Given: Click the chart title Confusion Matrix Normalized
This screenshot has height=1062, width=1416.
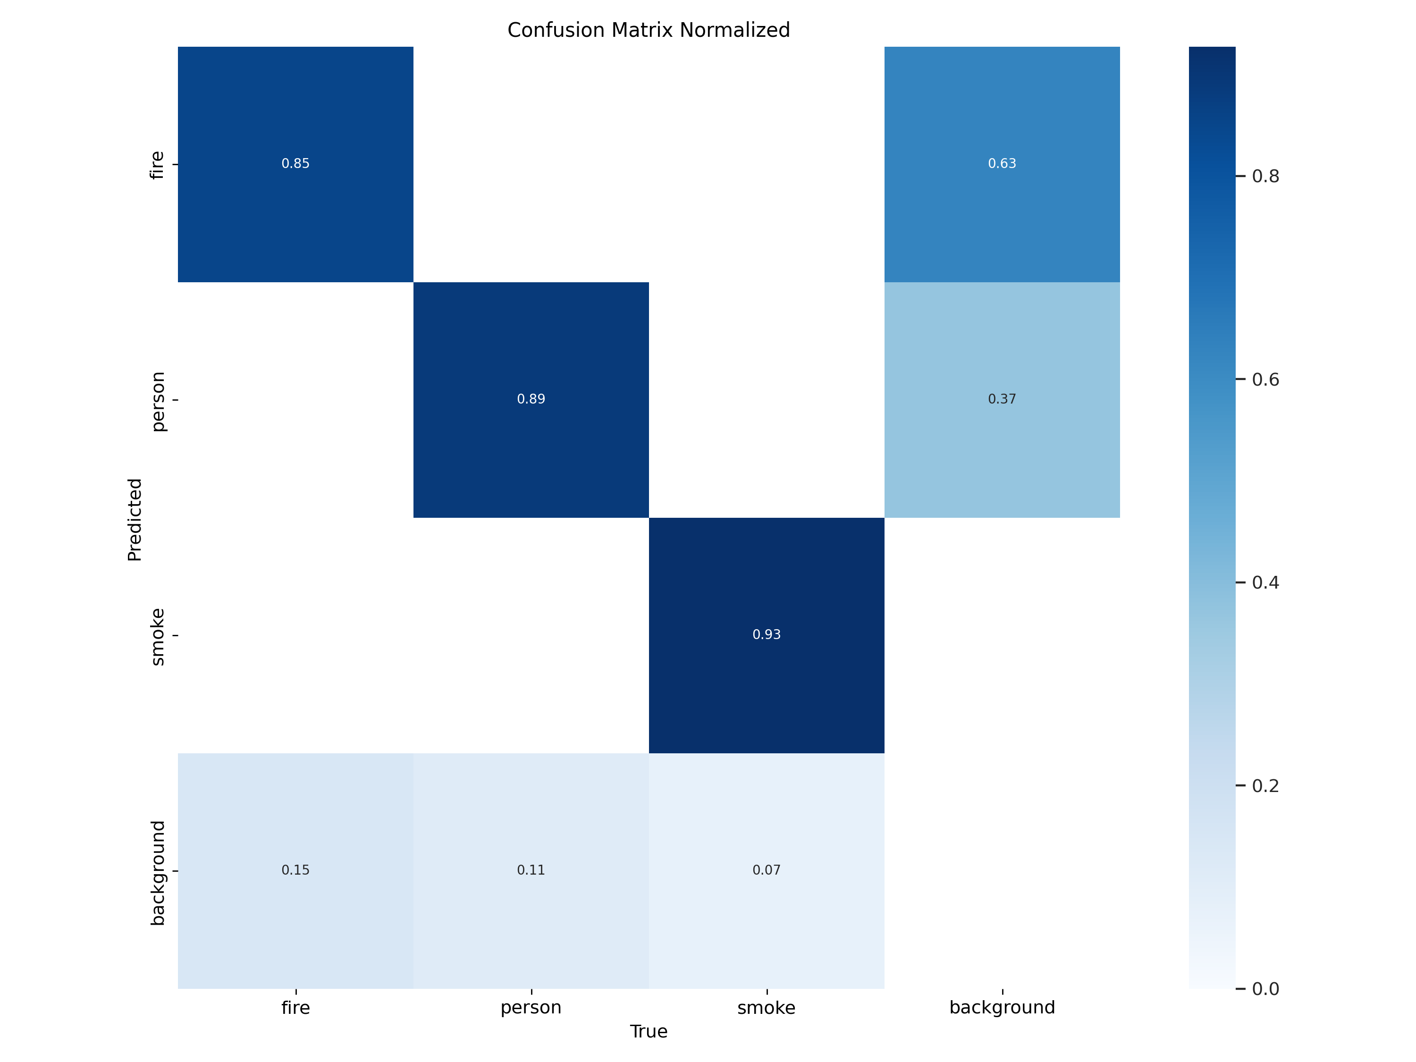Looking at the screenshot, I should point(649,30).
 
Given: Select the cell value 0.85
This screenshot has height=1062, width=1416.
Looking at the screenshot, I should point(295,164).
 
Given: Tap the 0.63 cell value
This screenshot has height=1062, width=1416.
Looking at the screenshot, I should point(1002,164).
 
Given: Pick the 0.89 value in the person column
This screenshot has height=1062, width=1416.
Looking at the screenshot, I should point(531,399).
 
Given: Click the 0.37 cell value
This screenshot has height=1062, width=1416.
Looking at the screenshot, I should point(1002,399).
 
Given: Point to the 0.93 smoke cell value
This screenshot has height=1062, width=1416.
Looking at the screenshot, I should point(766,635).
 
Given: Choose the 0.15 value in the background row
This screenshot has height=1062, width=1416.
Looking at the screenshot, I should point(295,870).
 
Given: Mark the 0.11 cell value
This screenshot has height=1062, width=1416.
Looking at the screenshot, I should point(531,870).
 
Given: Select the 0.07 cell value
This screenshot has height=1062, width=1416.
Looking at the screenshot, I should point(766,870).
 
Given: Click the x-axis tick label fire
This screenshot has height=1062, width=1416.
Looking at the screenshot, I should point(295,1008).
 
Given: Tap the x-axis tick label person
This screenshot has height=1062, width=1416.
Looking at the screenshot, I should point(531,1008).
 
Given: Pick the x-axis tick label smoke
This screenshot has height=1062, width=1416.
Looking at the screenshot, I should point(766,1008).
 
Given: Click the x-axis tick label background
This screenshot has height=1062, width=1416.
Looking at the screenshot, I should point(1002,1008).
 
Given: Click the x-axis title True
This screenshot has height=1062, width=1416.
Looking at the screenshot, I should point(649,1032).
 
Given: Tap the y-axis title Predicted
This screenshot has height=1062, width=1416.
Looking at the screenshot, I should point(135,519).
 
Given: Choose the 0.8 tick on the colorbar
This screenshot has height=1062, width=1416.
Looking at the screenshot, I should point(1265,176).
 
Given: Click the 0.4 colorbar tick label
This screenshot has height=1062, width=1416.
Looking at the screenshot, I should point(1265,582).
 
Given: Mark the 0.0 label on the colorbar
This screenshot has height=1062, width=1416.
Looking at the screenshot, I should point(1265,989).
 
